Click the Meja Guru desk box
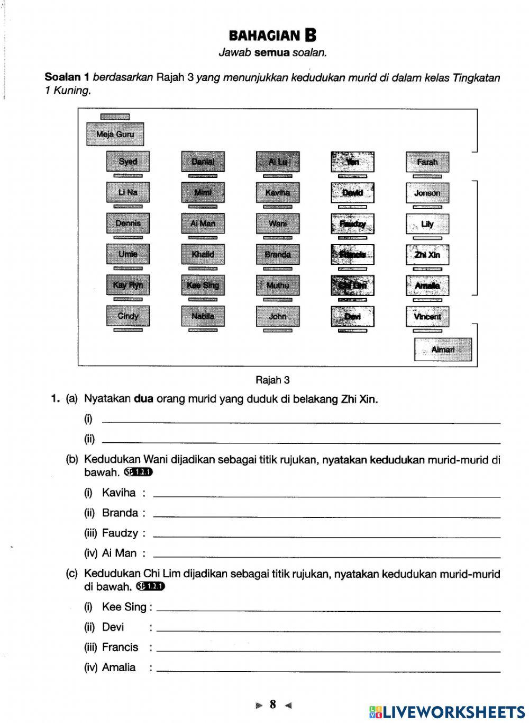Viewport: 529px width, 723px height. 115,134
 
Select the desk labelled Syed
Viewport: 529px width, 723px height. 127,162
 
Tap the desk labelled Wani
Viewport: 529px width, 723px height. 278,224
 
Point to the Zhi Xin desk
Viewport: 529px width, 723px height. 427,255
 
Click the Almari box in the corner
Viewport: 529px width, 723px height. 443,350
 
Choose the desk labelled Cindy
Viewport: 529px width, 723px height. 127,316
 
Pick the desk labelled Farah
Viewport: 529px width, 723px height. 427,162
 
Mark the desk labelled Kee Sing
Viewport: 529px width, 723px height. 203,285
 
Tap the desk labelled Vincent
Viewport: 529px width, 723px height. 427,316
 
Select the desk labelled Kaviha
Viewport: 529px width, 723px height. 278,193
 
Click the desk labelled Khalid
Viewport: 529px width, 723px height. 203,255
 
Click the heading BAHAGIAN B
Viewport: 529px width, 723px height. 272,35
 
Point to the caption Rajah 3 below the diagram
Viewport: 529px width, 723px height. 272,380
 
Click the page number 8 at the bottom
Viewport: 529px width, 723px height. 272,704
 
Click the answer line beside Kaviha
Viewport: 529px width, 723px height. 326,496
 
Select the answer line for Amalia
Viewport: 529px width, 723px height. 328,671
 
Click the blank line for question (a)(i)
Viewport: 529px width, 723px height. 300,423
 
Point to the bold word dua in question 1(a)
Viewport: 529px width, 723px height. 143,399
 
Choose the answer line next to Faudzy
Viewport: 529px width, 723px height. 326,537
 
